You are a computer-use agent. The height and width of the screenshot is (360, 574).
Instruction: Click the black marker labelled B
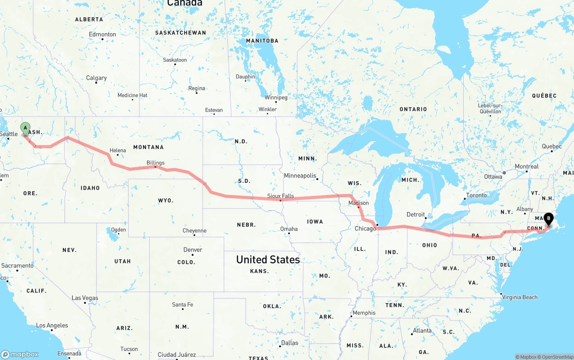point(548,219)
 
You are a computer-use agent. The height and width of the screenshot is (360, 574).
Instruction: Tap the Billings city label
point(155,163)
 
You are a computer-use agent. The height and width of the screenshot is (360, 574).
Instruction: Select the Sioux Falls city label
point(280,196)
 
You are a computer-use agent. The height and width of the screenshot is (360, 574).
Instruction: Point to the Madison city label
point(358,203)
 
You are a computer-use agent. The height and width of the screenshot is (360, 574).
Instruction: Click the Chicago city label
point(365,229)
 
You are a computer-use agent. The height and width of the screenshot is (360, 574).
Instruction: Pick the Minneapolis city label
point(300,176)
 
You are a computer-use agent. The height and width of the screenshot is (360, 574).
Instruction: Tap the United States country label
point(268,260)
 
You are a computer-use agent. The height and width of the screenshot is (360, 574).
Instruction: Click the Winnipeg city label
point(276,97)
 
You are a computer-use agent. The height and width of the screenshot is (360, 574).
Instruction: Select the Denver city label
point(192,250)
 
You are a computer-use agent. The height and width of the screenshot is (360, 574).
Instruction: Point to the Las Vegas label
point(85,298)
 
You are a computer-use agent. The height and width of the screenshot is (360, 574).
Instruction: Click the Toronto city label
point(476,195)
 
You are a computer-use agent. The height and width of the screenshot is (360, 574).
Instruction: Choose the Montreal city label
point(526,166)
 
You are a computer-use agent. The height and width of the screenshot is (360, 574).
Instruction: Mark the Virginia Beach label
point(519,297)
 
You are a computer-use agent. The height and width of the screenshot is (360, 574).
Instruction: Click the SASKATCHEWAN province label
point(180,33)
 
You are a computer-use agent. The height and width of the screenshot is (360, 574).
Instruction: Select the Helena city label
point(117,151)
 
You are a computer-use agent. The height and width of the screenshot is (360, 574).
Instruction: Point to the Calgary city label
point(96,78)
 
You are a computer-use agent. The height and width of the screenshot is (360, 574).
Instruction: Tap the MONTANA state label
point(148,147)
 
